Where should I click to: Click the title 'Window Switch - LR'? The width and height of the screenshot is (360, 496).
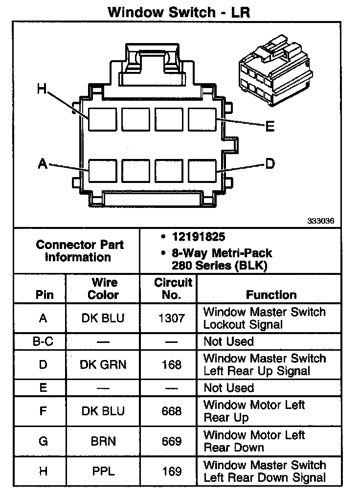pyautogui.click(x=179, y=12)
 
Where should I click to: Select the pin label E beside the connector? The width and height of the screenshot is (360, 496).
pyautogui.click(x=270, y=127)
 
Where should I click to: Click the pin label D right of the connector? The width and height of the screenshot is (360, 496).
pyautogui.click(x=270, y=163)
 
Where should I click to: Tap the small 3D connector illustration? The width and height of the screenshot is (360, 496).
pyautogui.click(x=274, y=68)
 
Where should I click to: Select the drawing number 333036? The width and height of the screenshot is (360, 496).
pyautogui.click(x=321, y=221)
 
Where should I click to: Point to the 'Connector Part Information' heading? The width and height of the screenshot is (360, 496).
pyautogui.click(x=80, y=251)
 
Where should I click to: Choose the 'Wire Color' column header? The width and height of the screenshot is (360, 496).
pyautogui.click(x=103, y=289)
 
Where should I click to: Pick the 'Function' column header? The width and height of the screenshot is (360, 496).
pyautogui.click(x=271, y=295)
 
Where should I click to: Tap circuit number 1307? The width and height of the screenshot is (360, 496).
pyautogui.click(x=171, y=318)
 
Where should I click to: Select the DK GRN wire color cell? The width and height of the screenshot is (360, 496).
pyautogui.click(x=103, y=365)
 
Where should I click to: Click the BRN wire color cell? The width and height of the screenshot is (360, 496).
pyautogui.click(x=103, y=441)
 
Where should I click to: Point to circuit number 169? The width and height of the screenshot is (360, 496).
pyautogui.click(x=171, y=472)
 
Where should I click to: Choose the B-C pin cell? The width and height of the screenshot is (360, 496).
pyautogui.click(x=43, y=341)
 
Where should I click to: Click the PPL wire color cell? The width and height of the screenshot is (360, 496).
pyautogui.click(x=103, y=472)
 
